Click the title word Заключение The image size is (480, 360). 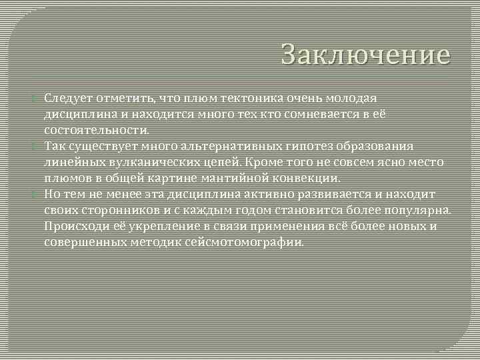pyautogui.click(x=365, y=55)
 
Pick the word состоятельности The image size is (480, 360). pyautogui.click(x=97, y=130)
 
